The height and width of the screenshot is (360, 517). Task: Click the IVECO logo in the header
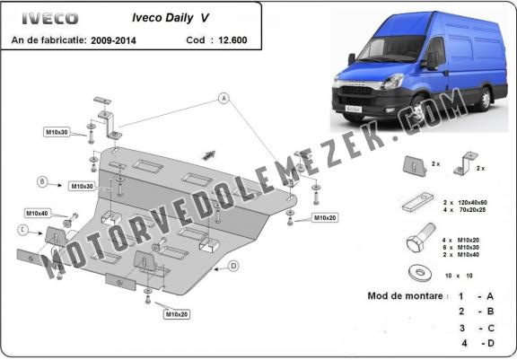pyautogui.click(x=50, y=19)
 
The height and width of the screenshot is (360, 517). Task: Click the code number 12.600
pyautogui.click(x=232, y=40)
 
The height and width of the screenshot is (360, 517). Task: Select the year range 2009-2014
pyautogui.click(x=113, y=40)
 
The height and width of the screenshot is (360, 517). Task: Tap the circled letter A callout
pyautogui.click(x=224, y=98)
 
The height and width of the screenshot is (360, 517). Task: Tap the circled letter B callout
pyautogui.click(x=42, y=181)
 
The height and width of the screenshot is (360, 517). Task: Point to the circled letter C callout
pyautogui.click(x=22, y=230)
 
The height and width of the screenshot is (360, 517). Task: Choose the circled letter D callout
pyautogui.click(x=233, y=266)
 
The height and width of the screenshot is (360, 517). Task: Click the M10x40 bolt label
pyautogui.click(x=38, y=214)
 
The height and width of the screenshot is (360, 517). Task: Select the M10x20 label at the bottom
pyautogui.click(x=177, y=314)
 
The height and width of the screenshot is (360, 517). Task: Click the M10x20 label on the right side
pyautogui.click(x=325, y=217)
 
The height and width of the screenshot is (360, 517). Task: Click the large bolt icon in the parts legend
pyautogui.click(x=421, y=238)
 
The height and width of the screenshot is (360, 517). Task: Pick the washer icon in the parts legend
pyautogui.click(x=419, y=274)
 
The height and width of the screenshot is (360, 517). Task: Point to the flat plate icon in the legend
pyautogui.click(x=417, y=202)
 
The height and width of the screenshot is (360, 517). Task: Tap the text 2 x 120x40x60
pyautogui.click(x=465, y=202)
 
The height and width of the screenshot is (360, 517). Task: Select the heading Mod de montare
pyautogui.click(x=405, y=295)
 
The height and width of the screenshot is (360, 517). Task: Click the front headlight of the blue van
pyautogui.click(x=392, y=82)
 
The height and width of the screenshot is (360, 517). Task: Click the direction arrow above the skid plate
pyautogui.click(x=209, y=155)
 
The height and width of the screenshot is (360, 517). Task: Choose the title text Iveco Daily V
pyautogui.click(x=171, y=18)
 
